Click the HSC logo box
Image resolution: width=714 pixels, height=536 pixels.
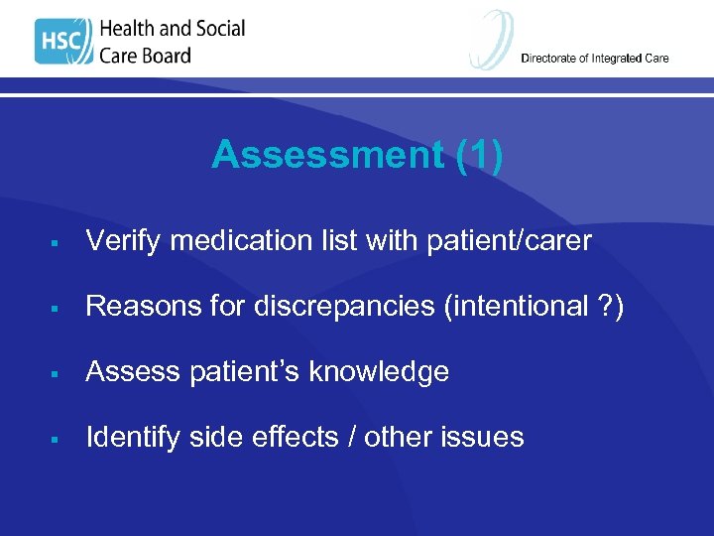click(x=63, y=43)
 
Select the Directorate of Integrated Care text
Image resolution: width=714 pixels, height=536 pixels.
click(x=595, y=59)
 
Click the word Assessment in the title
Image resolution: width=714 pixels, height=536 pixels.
click(x=326, y=155)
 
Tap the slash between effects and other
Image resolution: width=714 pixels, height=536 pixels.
click(x=348, y=437)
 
